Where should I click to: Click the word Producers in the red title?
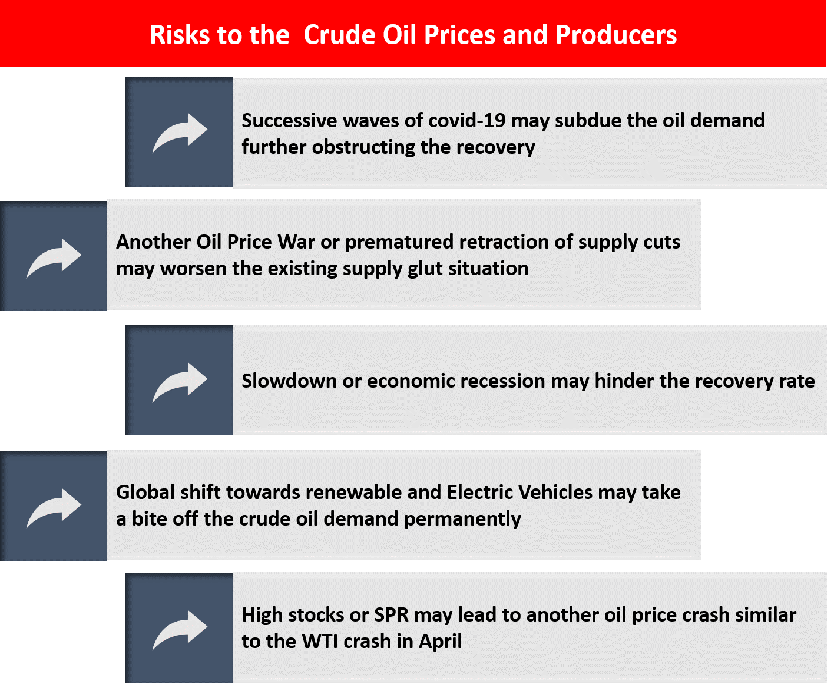(615, 34)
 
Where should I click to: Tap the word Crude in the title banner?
(339, 34)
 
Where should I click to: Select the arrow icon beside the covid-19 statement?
(180, 133)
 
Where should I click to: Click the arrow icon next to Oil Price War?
(54, 258)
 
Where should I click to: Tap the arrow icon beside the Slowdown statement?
(180, 382)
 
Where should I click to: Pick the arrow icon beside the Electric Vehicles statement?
(54, 508)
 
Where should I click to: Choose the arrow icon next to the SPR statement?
(180, 630)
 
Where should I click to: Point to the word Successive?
(289, 120)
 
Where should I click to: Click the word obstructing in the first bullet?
(363, 147)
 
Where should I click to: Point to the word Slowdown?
(289, 381)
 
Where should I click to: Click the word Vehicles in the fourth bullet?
(555, 492)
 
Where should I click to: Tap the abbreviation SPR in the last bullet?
(391, 614)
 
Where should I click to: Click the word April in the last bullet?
(440, 642)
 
